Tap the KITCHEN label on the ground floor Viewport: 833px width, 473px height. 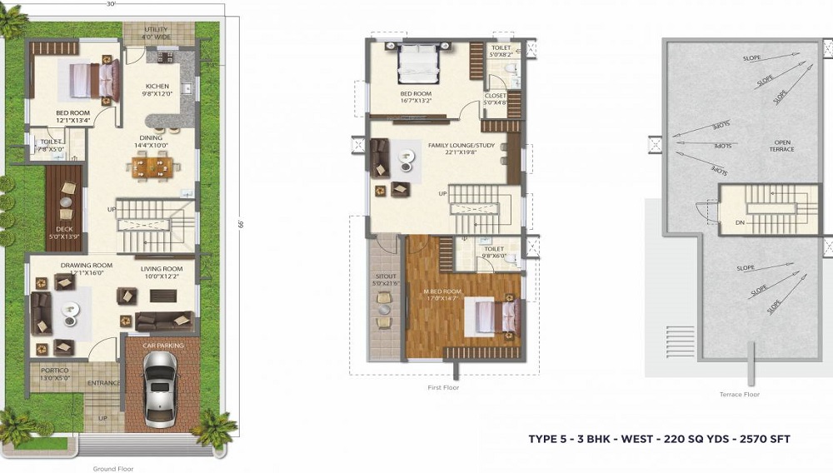(157, 86)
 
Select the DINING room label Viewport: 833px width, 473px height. (151, 138)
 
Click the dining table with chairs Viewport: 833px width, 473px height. (152, 167)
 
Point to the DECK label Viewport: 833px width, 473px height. (64, 229)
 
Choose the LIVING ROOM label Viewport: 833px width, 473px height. (161, 268)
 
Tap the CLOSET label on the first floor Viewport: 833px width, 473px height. (496, 96)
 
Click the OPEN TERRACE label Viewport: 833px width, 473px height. (781, 146)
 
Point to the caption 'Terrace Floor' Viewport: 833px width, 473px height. (738, 395)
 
